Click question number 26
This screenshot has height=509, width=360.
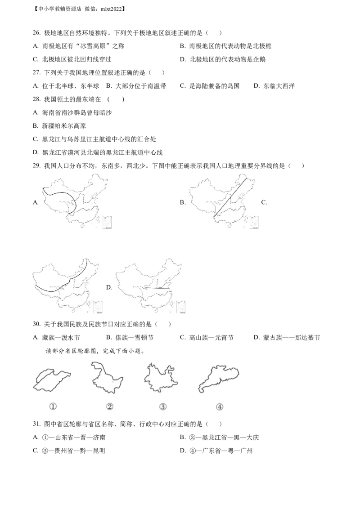[36, 33]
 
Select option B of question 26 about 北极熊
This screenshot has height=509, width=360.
[225, 46]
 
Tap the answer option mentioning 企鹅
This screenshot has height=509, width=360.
[223, 59]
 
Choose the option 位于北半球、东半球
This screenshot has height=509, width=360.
[66, 86]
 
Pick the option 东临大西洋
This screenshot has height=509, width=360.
[274, 86]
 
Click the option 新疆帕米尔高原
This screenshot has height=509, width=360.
[59, 126]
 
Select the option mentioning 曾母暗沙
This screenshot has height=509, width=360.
[72, 113]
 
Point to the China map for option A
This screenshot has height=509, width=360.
[77, 201]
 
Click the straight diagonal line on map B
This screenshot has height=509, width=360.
[230, 196]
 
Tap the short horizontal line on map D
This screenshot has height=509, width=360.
[157, 288]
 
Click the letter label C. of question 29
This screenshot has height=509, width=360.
[264, 202]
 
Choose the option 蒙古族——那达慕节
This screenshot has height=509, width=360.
[287, 338]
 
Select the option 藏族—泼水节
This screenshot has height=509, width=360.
[56, 338]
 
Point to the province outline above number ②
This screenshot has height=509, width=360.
[107, 378]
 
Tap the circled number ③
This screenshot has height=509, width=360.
[163, 407]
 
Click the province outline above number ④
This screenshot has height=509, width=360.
[218, 379]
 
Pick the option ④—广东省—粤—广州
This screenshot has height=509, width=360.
[216, 451]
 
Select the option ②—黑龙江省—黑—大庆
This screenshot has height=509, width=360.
[219, 438]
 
